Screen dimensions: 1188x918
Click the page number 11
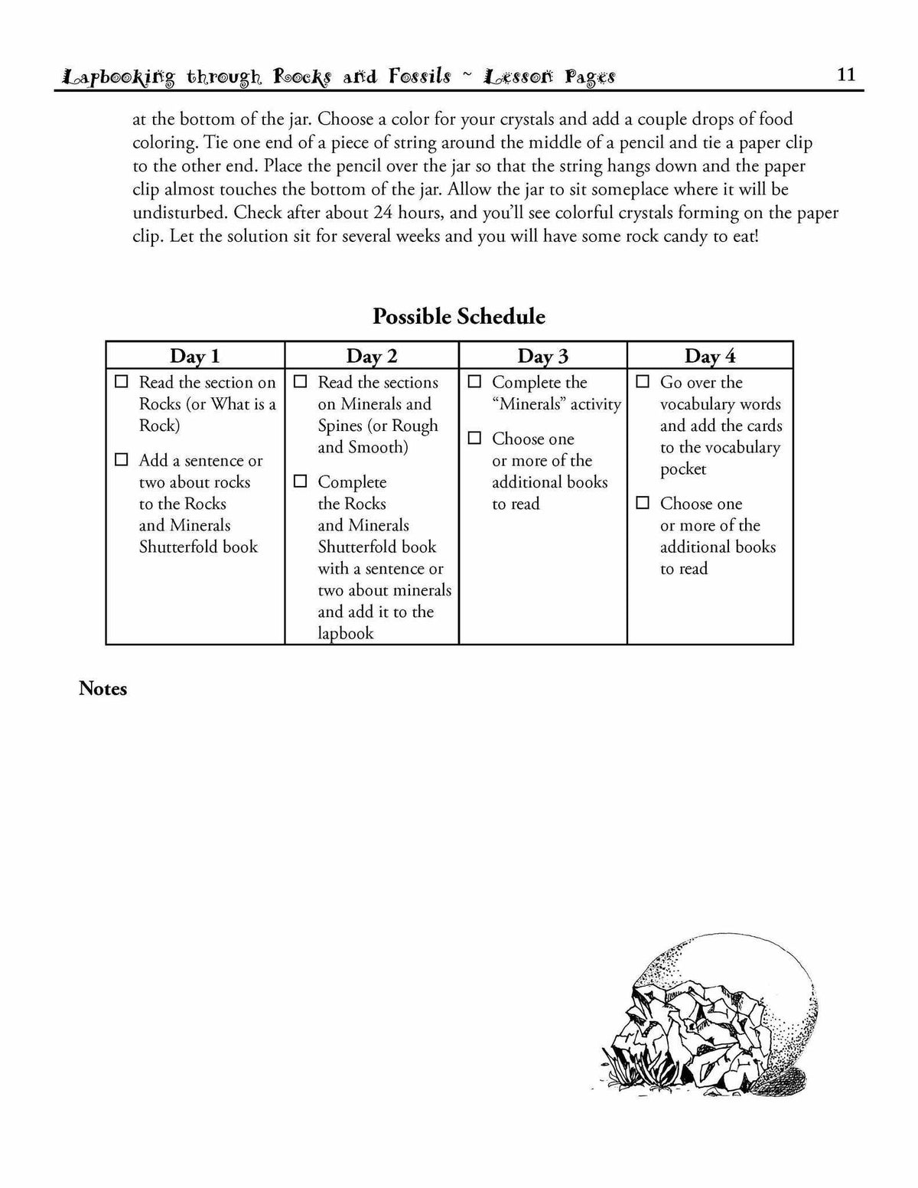tap(846, 74)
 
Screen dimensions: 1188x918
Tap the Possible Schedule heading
tap(459, 316)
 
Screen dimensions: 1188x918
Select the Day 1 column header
tap(194, 356)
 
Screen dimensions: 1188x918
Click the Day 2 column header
tap(372, 356)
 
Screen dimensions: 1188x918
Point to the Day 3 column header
tap(543, 356)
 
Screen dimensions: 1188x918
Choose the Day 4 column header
tap(710, 356)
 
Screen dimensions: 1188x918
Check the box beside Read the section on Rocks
tap(122, 381)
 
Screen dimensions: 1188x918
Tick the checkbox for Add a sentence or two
tap(122, 459)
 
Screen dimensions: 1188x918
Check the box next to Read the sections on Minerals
tap(301, 381)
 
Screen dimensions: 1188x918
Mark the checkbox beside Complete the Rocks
tap(301, 481)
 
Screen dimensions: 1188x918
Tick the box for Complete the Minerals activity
tap(475, 381)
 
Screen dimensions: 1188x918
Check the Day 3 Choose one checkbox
tap(475, 438)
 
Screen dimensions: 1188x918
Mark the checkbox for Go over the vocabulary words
tap(643, 381)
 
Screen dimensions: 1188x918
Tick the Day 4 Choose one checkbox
tap(643, 503)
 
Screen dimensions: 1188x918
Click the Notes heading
tap(103, 689)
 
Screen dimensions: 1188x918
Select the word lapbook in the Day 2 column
tap(346, 634)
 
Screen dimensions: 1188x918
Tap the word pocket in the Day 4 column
tap(683, 469)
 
